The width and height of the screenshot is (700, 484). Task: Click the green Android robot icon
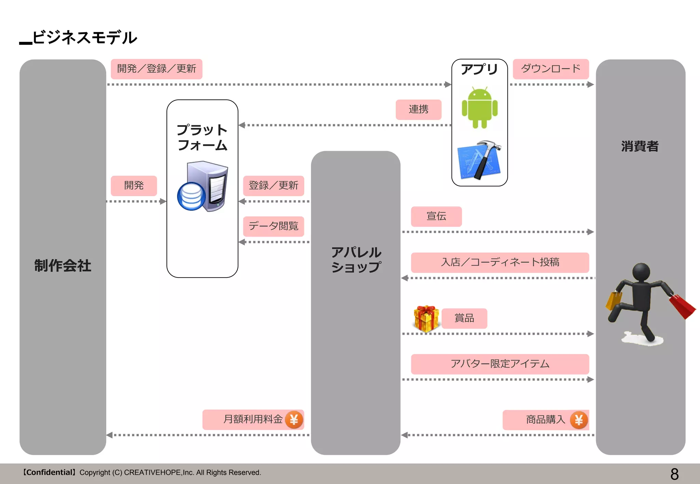pos(480,108)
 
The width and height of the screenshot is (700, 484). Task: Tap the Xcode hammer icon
pos(479,160)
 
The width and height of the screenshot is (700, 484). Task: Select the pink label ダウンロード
pos(551,69)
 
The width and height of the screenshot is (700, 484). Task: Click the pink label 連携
pos(418,109)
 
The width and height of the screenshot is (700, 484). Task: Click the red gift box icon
pos(426,318)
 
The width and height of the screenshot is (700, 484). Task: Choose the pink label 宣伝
pos(436,216)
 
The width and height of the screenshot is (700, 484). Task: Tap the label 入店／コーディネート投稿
pos(500,262)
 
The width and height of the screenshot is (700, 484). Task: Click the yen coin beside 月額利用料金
pos(294,419)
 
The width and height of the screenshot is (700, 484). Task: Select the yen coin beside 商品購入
pos(579,420)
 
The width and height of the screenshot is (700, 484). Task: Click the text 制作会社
pos(63,266)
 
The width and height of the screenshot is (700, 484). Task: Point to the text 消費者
pos(640,146)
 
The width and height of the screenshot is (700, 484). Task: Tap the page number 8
pos(674,474)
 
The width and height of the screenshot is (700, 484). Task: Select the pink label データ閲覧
pos(273,226)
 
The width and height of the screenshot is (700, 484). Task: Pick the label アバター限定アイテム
pos(500,364)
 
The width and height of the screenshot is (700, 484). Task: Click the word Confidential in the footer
pos(49,472)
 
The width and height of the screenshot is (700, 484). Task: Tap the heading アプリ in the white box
pos(479,69)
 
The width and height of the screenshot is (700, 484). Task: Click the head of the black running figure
pos(641,272)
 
